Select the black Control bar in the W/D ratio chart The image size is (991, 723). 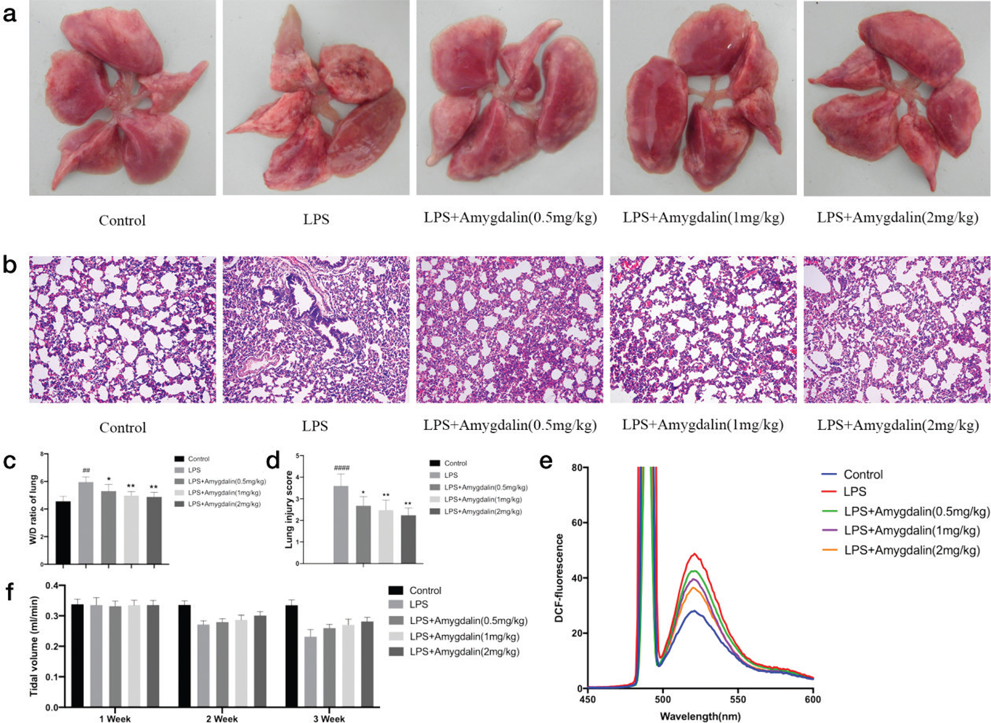[x=63, y=533]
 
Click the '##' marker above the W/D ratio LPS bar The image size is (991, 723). [x=86, y=470]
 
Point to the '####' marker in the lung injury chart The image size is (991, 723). [x=342, y=468]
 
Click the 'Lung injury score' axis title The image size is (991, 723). [x=289, y=509]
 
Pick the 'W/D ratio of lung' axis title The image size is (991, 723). [x=33, y=509]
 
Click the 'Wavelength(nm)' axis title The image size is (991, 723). [x=700, y=716]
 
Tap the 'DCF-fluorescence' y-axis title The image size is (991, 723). [x=559, y=578]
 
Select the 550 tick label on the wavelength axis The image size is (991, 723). [x=738, y=699]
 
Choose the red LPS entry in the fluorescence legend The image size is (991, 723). [x=855, y=492]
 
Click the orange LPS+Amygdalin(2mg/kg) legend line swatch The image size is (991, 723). [x=830, y=550]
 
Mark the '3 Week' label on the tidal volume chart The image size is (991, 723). [x=329, y=719]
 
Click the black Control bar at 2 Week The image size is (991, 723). [x=185, y=656]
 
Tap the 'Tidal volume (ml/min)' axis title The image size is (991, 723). [x=34, y=646]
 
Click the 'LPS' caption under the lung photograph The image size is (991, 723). [x=316, y=218]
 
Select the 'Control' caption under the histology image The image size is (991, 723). [x=122, y=427]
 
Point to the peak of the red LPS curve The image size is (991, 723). [x=695, y=554]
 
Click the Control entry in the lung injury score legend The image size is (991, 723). [x=455, y=463]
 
